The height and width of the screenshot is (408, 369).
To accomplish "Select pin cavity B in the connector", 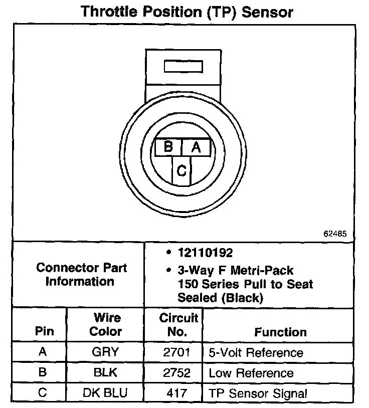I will click(168, 147).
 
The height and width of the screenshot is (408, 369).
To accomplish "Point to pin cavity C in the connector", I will click(182, 171).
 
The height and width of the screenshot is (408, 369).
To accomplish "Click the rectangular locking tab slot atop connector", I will click(183, 67).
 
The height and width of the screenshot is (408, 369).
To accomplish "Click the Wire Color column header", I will click(106, 324).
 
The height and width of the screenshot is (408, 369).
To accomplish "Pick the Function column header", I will click(280, 332).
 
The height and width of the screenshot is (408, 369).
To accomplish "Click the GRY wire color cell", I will click(105, 352).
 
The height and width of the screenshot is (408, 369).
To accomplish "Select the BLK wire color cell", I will click(105, 372).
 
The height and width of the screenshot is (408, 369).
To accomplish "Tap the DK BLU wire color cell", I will click(105, 393).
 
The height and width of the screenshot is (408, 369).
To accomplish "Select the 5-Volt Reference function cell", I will click(256, 352).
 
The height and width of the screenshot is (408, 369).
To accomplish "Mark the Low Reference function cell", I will click(251, 373).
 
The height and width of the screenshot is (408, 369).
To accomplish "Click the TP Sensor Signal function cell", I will click(258, 393).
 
